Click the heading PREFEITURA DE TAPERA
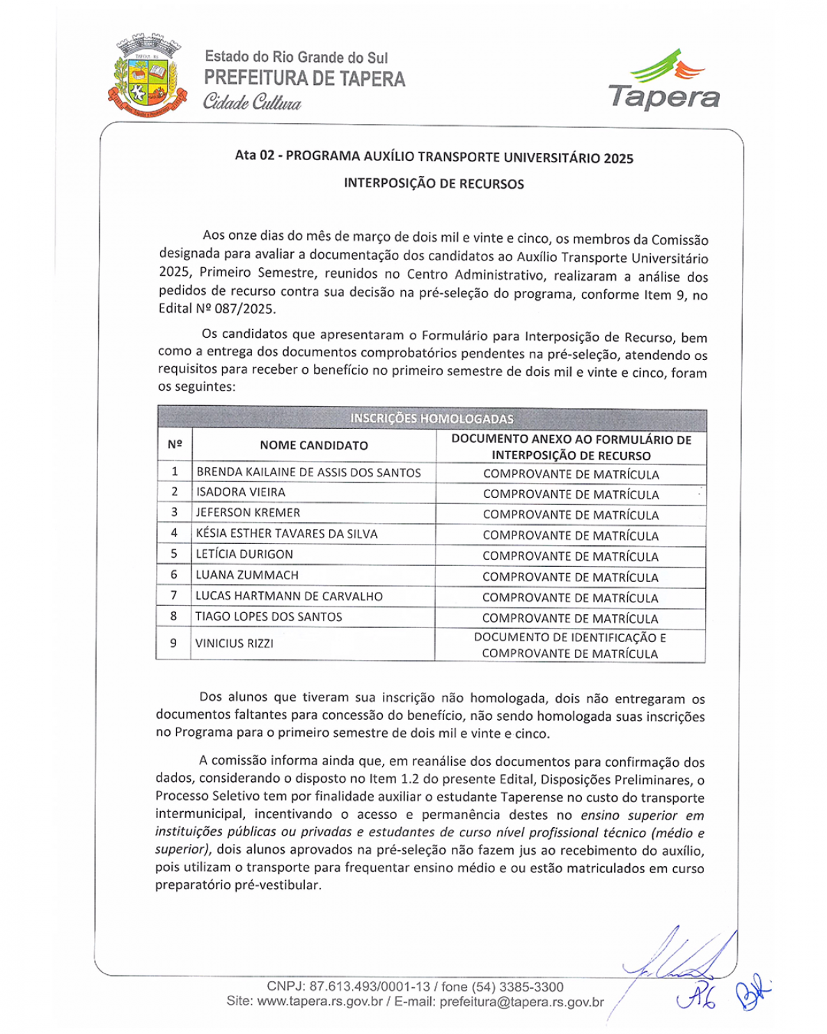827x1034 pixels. click(x=304, y=79)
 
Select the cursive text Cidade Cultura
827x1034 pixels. click(x=252, y=103)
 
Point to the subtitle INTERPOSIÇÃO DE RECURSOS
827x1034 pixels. click(x=434, y=184)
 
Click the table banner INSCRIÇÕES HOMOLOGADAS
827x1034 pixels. click(x=432, y=418)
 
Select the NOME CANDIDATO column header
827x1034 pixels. click(x=314, y=446)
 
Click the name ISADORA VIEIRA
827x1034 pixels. click(x=241, y=492)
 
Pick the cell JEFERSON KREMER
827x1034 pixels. click(x=248, y=512)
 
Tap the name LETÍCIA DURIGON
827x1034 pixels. click(x=244, y=554)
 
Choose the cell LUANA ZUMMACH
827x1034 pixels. click(x=247, y=575)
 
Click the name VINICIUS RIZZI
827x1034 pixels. click(x=235, y=643)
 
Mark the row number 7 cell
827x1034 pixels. click(x=174, y=596)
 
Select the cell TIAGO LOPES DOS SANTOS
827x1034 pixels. click(x=269, y=617)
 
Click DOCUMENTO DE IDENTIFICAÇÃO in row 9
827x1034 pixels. click(x=570, y=638)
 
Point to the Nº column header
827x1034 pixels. click(x=175, y=445)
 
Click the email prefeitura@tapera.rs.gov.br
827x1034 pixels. click(x=521, y=1002)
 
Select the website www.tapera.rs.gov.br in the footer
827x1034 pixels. click(x=320, y=1002)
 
